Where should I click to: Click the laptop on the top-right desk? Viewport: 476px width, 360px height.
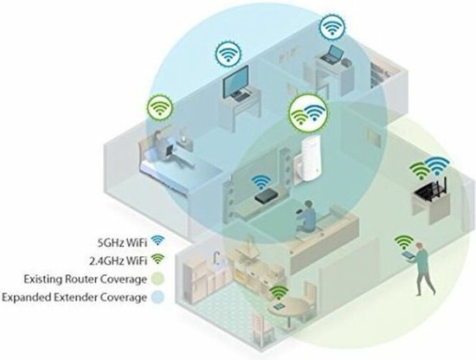tap(332, 55)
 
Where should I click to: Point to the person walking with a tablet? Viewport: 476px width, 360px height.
tap(420, 268)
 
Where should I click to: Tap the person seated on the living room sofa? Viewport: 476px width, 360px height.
tap(306, 216)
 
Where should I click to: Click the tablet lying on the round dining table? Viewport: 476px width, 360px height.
tap(279, 306)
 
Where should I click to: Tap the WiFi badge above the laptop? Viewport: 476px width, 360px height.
tap(331, 27)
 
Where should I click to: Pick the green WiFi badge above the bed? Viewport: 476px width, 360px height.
tap(160, 107)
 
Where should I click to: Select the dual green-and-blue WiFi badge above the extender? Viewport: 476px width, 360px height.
tap(308, 112)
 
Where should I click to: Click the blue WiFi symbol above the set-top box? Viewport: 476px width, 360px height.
tap(261, 183)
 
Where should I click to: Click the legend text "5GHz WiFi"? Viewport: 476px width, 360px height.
tap(122, 242)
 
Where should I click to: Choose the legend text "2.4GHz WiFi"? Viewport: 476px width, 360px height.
tap(119, 260)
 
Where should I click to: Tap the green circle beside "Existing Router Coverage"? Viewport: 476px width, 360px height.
tap(158, 279)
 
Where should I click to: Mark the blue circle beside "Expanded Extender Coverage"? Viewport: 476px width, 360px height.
tap(158, 297)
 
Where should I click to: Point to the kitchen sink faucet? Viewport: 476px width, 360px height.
tap(217, 257)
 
